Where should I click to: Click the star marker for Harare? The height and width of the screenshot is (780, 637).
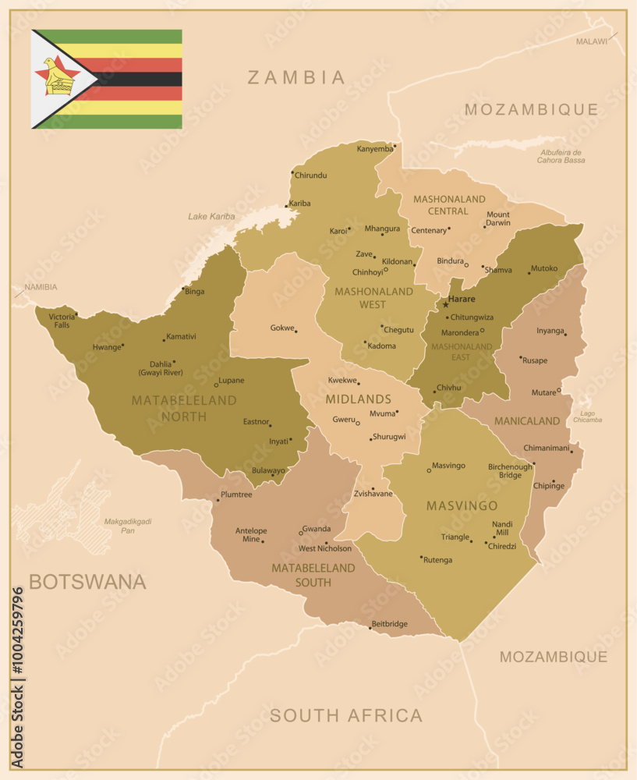[x=446, y=304]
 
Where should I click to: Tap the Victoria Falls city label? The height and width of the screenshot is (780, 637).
[x=62, y=321]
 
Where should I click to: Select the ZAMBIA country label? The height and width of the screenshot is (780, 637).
[x=296, y=77]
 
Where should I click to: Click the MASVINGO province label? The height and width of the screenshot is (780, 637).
[x=462, y=506]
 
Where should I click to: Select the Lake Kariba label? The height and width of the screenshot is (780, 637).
[x=211, y=216]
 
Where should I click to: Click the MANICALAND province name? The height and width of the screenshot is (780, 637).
[x=527, y=421]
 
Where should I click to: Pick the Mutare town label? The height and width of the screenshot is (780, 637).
[x=543, y=392]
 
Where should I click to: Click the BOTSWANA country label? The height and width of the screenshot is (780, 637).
[x=87, y=582]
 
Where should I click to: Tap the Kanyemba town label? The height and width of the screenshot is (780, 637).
[x=374, y=149]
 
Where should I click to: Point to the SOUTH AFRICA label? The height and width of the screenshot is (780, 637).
[x=346, y=715]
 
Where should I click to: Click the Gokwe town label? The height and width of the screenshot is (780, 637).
[x=281, y=328]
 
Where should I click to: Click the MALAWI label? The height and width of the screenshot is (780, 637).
[x=591, y=41]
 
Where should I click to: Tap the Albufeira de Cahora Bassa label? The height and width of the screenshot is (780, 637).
[x=561, y=156]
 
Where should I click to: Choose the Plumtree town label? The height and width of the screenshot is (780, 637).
[x=236, y=495]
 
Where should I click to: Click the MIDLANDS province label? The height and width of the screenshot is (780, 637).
[x=358, y=399]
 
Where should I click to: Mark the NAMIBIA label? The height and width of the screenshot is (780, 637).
[x=41, y=287]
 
